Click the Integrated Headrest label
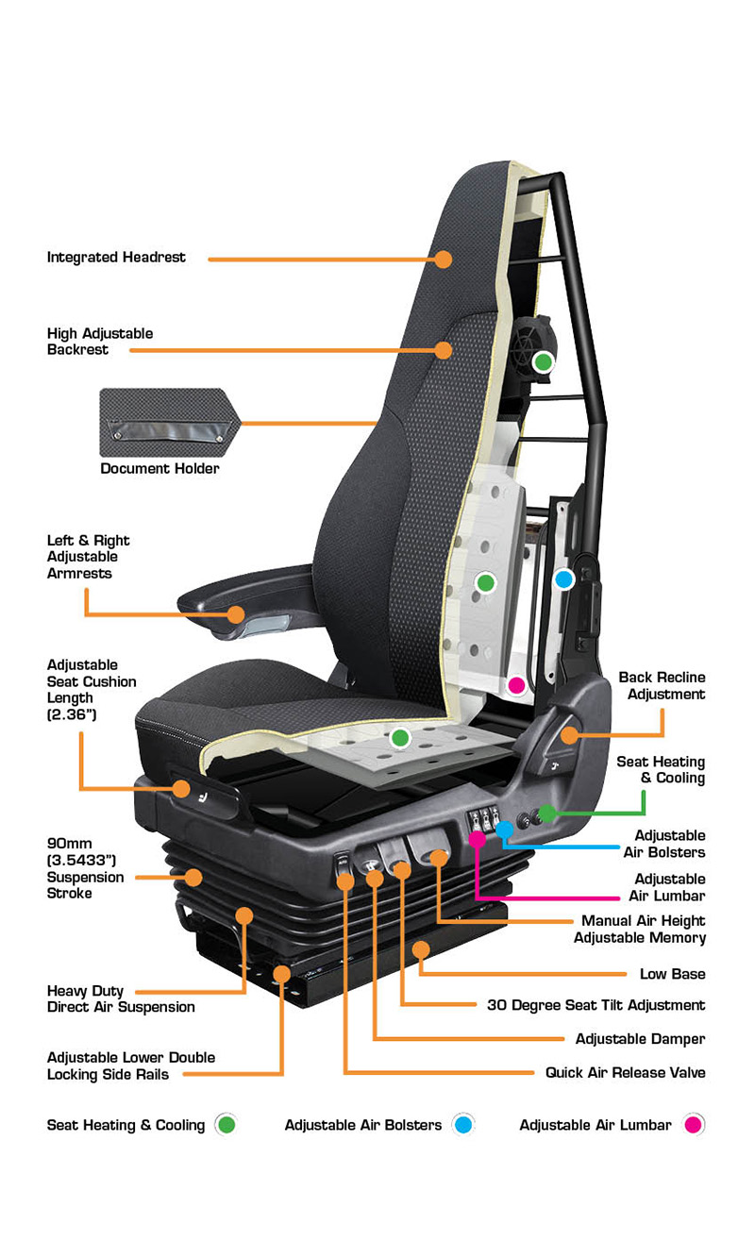coord(116,258)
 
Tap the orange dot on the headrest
coord(444,259)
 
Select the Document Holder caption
coord(159,468)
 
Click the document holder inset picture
coord(170,423)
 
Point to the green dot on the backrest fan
coord(544,362)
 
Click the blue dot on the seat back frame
coord(564,579)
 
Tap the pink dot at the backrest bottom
coord(516,685)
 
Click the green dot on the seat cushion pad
coord(400,737)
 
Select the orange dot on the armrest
coord(236,613)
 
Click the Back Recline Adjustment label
coord(662,686)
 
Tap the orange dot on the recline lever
coord(569,734)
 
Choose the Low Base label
coord(672,974)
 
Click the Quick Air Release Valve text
coord(625,1073)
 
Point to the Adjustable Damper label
coord(641,1039)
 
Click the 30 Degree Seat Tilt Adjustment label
coord(596,1005)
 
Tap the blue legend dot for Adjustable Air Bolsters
coord(463,1124)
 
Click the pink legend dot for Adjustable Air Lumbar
coord(694,1124)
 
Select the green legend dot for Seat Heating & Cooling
coord(226,1124)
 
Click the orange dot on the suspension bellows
coord(193,878)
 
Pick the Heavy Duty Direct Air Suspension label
coord(121,999)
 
